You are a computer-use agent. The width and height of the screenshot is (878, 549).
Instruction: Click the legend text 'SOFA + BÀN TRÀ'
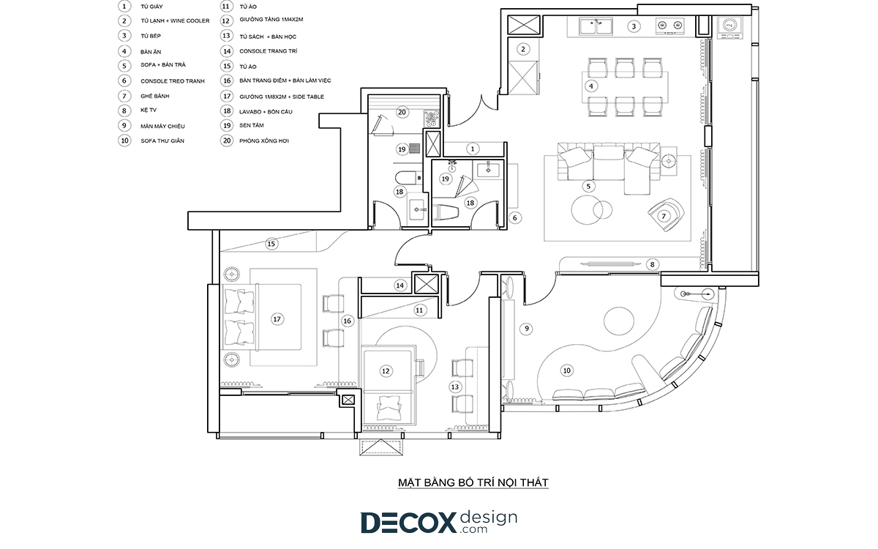pyautogui.click(x=163, y=65)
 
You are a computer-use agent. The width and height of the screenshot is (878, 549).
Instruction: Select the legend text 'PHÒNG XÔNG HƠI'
pyautogui.click(x=264, y=141)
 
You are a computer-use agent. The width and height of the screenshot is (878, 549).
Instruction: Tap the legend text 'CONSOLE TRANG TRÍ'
pyautogui.click(x=269, y=51)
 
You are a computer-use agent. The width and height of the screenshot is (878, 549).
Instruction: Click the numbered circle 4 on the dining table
pyautogui.click(x=590, y=86)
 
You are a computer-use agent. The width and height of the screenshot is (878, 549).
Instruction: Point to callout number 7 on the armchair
pyautogui.click(x=664, y=216)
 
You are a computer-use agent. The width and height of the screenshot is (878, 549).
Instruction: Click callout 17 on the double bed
pyautogui.click(x=277, y=319)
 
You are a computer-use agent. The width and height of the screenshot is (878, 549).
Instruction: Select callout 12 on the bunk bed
pyautogui.click(x=386, y=371)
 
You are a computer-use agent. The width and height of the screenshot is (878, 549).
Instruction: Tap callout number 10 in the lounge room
pyautogui.click(x=567, y=370)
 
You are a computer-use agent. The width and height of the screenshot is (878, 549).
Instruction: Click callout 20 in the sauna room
pyautogui.click(x=402, y=113)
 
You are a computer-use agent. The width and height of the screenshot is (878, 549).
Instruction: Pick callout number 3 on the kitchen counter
pyautogui.click(x=634, y=26)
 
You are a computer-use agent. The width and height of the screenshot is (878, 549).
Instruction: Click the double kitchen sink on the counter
pyautogui.click(x=596, y=26)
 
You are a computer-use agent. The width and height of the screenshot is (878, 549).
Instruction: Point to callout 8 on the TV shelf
pyautogui.click(x=652, y=265)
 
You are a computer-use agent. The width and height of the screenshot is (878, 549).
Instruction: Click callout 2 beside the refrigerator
pyautogui.click(x=523, y=50)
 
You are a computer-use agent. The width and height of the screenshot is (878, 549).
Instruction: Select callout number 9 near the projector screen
pyautogui.click(x=526, y=329)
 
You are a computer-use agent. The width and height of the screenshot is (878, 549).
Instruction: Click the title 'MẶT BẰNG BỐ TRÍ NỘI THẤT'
pyautogui.click(x=473, y=482)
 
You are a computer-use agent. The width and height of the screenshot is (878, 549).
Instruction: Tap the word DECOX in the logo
pyautogui.click(x=409, y=523)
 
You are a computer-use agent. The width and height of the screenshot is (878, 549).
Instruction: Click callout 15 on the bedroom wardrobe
pyautogui.click(x=271, y=244)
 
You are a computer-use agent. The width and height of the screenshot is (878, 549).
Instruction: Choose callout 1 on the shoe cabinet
pyautogui.click(x=473, y=149)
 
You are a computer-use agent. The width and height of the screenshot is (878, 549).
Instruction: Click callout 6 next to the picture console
pyautogui.click(x=515, y=218)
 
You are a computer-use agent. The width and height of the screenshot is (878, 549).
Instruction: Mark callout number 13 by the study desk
pyautogui.click(x=454, y=387)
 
